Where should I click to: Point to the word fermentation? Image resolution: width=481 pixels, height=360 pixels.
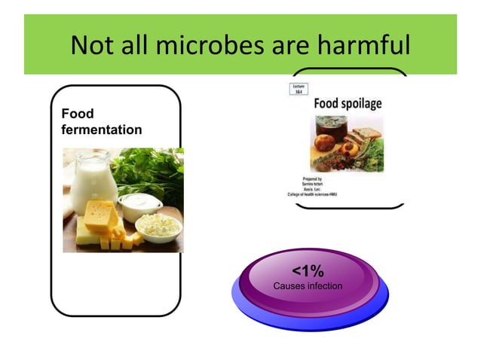tap(101, 130)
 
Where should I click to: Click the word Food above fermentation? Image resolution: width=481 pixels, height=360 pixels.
tap(78, 114)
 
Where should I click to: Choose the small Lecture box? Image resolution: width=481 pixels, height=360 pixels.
tap(299, 88)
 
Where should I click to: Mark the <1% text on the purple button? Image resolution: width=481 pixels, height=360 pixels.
tap(308, 272)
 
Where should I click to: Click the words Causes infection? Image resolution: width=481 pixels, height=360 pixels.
tap(308, 286)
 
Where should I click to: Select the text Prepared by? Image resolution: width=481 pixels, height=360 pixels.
tap(312, 178)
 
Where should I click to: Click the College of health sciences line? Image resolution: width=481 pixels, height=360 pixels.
tap(312, 194)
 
